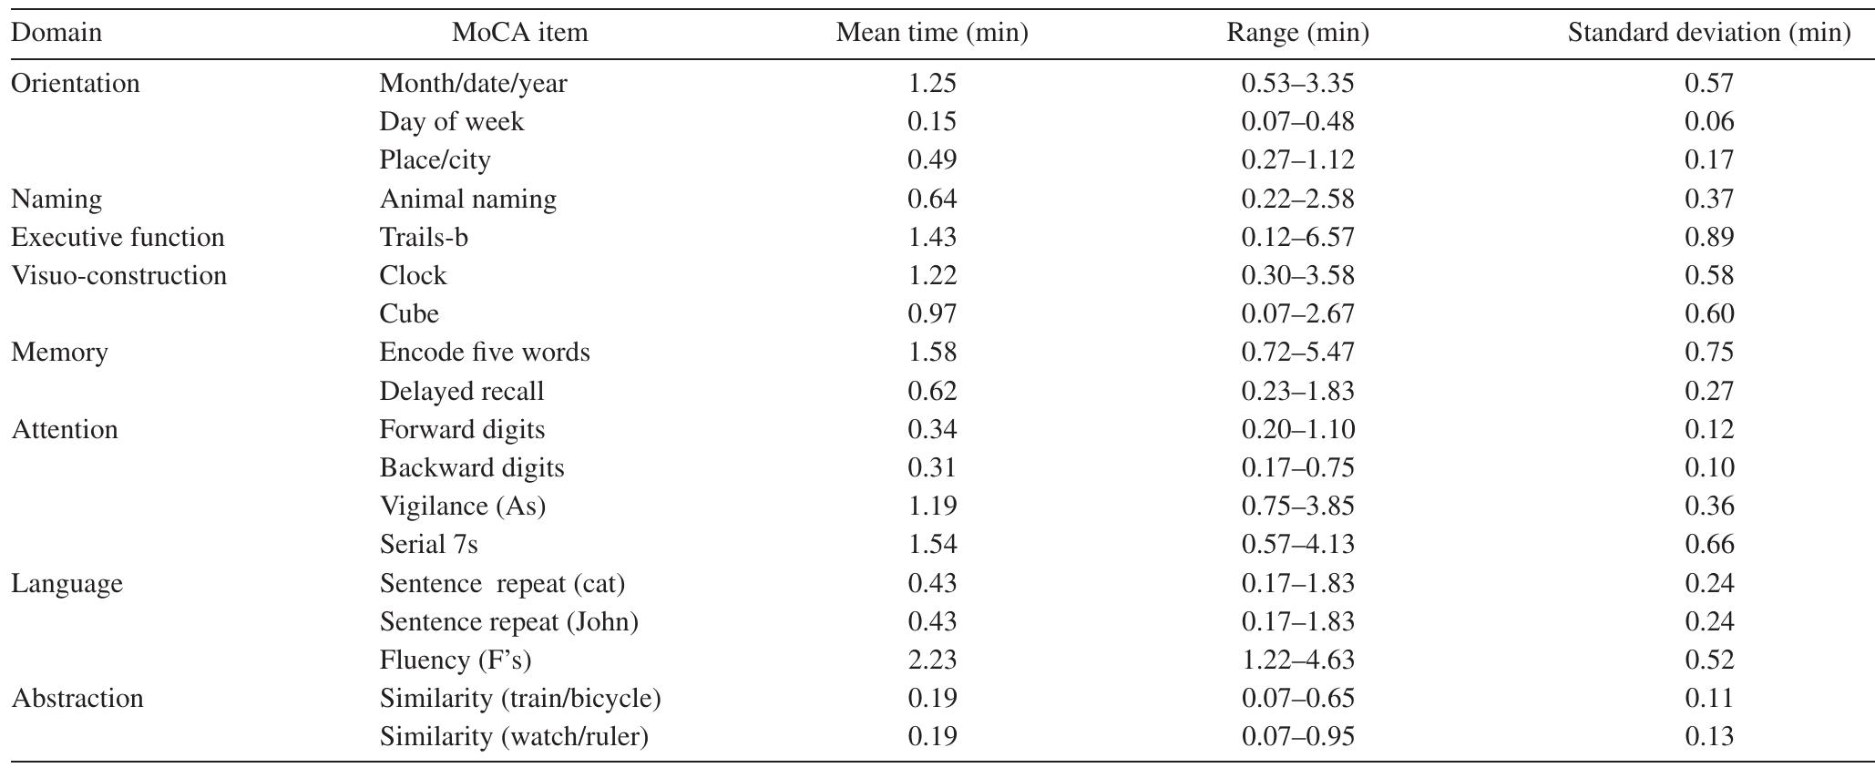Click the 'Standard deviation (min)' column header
tap(1708, 34)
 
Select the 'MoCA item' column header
tap(519, 34)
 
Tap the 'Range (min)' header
tap(1297, 34)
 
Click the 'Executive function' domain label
tap(118, 238)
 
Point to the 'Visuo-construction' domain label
tap(118, 276)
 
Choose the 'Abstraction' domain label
tap(77, 699)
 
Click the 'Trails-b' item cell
tap(424, 238)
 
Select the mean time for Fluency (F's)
tap(932, 660)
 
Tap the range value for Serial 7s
tap(1297, 545)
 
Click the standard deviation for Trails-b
tap(1708, 238)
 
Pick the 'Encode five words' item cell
tap(485, 353)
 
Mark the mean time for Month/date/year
tap(932, 84)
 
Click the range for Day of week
tap(1297, 122)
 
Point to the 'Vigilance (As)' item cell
tap(463, 507)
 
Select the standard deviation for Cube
tap(1708, 314)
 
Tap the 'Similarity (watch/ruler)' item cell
tap(514, 737)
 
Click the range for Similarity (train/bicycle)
tap(1297, 699)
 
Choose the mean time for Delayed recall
tap(932, 392)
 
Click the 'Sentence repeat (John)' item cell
tap(508, 622)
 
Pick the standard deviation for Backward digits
tap(1708, 468)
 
